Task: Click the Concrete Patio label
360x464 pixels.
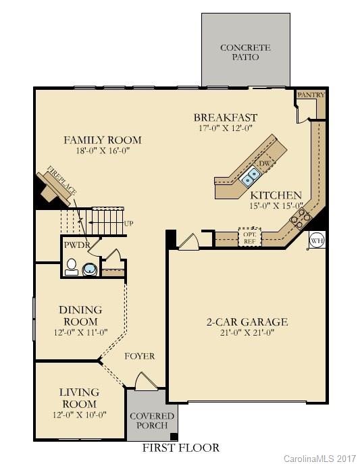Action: point(245,52)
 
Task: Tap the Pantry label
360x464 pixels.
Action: point(311,95)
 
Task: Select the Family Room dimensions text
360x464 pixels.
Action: point(102,151)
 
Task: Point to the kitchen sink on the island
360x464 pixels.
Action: point(251,176)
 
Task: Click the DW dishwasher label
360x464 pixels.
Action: point(265,163)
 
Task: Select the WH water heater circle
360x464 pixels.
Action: point(317,239)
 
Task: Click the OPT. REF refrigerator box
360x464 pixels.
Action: point(249,238)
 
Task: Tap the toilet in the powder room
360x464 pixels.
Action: point(71,269)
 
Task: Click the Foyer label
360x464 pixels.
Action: point(140,356)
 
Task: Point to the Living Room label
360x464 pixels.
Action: point(79,397)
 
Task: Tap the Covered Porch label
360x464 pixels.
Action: point(151,421)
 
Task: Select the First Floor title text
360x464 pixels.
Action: point(180,448)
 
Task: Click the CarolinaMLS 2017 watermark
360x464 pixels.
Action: point(319,459)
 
